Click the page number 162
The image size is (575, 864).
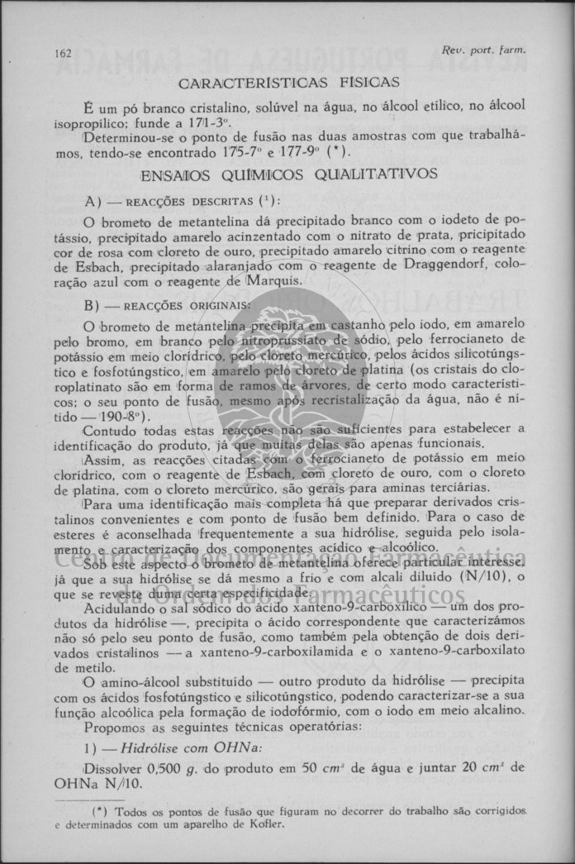63,54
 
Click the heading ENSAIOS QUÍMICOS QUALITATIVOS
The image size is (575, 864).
289,174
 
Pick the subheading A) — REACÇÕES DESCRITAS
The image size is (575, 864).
183,202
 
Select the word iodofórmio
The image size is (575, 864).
312,710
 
